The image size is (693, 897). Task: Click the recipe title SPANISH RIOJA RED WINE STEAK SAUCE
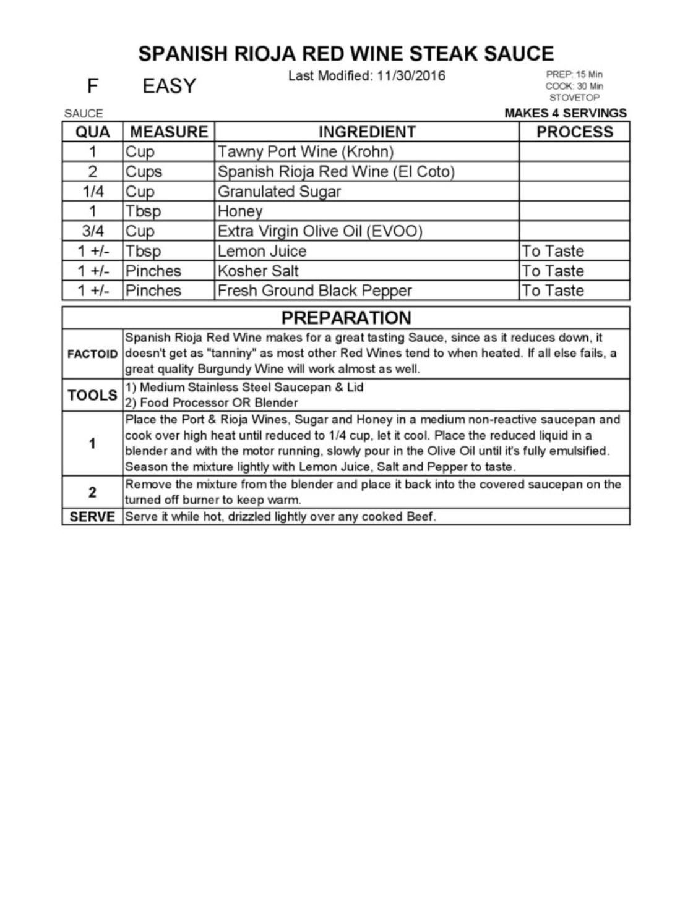pos(346,54)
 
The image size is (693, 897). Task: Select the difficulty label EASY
pos(169,86)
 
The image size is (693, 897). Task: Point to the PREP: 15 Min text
pos(574,75)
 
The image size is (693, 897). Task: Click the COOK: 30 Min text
pos(574,86)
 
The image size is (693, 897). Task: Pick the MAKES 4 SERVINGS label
pos(566,113)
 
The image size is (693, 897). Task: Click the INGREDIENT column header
pos(367,132)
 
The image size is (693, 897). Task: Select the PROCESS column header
pos(574,132)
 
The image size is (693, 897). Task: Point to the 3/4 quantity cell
pos(93,231)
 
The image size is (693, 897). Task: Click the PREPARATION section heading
pos(346,318)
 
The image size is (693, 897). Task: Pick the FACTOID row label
pos(92,354)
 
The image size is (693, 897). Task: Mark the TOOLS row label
pos(92,395)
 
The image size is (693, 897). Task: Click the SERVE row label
pos(92,517)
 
